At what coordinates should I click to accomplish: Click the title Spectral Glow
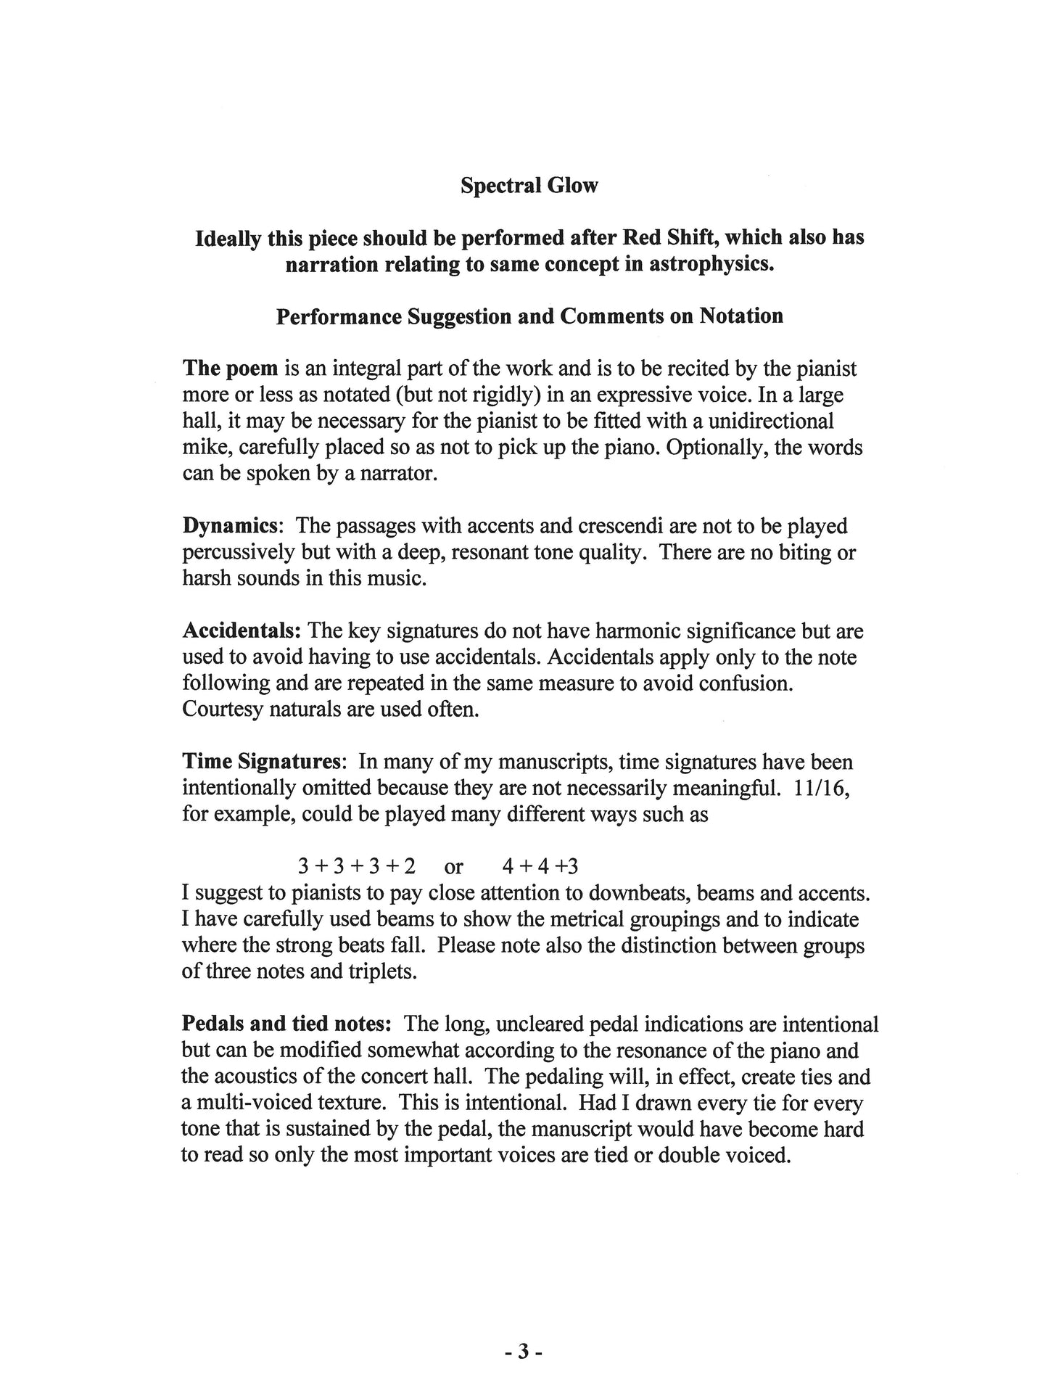click(x=529, y=186)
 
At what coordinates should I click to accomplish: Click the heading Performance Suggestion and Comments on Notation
click(x=529, y=316)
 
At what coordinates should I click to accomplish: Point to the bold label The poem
click(x=231, y=369)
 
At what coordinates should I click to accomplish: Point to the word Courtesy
click(x=223, y=709)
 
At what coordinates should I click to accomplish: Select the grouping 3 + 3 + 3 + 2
click(x=357, y=866)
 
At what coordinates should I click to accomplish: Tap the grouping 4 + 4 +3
click(x=540, y=866)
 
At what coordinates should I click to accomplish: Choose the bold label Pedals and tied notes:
click(x=286, y=1024)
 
